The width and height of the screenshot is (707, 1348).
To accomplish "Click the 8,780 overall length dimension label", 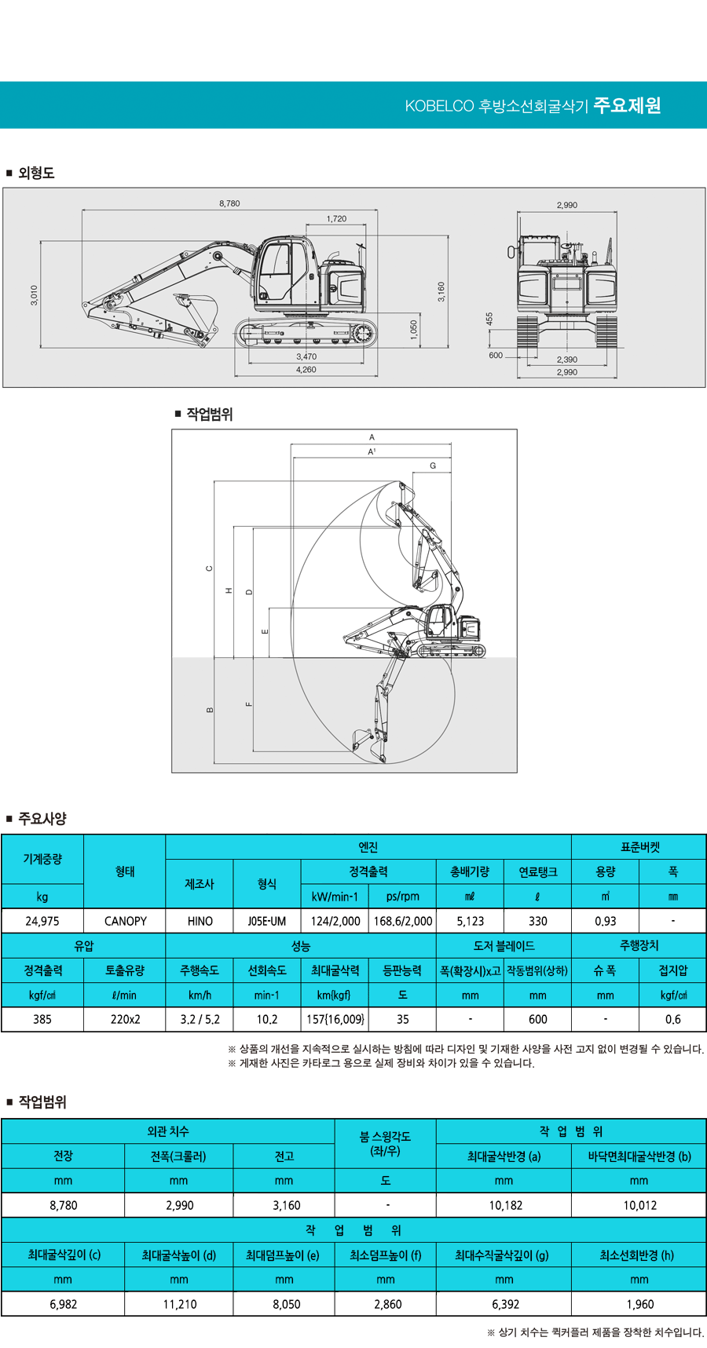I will pyautogui.click(x=229, y=203).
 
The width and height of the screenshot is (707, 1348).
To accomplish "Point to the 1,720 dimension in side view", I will pyautogui.click(x=336, y=219).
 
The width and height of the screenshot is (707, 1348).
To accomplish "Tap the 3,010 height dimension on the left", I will pyautogui.click(x=34, y=295).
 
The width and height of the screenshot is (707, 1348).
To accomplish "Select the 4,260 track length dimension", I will pyautogui.click(x=306, y=370).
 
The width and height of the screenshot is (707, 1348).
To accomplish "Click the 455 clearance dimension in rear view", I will pyautogui.click(x=489, y=318).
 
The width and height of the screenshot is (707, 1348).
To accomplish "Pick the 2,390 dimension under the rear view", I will pyautogui.click(x=566, y=360).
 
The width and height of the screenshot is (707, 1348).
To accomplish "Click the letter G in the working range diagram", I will pyautogui.click(x=433, y=466).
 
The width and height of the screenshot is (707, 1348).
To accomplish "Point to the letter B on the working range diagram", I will pyautogui.click(x=210, y=710).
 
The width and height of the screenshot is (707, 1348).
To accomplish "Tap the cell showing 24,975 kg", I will pyautogui.click(x=42, y=921).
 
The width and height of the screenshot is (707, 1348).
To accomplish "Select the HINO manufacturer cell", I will pyautogui.click(x=200, y=921).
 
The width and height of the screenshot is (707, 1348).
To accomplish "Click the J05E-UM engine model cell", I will pyautogui.click(x=267, y=921).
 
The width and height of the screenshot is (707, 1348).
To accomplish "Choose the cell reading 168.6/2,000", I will pyautogui.click(x=402, y=921).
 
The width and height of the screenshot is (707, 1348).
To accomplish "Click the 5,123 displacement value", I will pyautogui.click(x=470, y=921).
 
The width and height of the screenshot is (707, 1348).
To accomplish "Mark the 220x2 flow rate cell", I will pyautogui.click(x=125, y=1019).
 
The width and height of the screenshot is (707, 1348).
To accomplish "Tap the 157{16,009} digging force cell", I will pyautogui.click(x=335, y=1019).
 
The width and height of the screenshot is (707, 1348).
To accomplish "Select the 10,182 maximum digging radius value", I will pyautogui.click(x=505, y=1205).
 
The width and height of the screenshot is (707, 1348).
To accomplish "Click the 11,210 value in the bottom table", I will pyautogui.click(x=179, y=1304).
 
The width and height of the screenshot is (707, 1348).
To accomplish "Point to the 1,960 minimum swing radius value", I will pyautogui.click(x=639, y=1304).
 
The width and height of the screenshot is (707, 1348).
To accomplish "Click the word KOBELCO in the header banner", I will pyautogui.click(x=439, y=106).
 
